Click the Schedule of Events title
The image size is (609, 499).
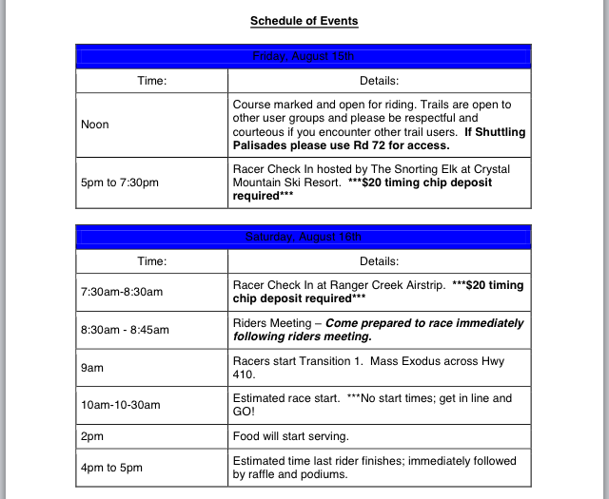pos(304,20)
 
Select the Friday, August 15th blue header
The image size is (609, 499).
pos(304,56)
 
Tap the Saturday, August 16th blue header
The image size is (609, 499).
pos(304,237)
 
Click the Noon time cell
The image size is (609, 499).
pos(95,125)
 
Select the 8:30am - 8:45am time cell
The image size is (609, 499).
pos(125,330)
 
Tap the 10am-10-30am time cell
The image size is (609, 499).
pos(121,404)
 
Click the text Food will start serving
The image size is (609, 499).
pos(290,436)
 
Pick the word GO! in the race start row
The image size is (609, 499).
pos(246,411)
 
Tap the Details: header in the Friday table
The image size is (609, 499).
pos(379,81)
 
